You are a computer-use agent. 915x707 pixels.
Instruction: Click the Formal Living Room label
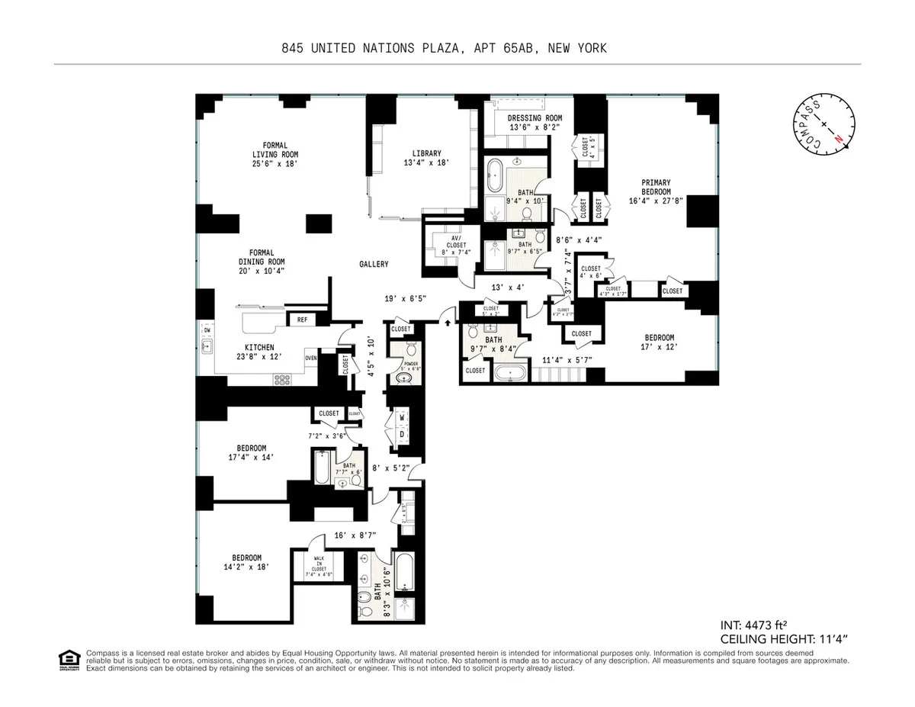[274, 153]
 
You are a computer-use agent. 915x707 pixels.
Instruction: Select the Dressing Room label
[535, 122]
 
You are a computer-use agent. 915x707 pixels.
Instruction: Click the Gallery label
[374, 265]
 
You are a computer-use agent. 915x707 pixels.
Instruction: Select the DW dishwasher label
[206, 330]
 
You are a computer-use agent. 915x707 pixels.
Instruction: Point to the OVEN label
[310, 358]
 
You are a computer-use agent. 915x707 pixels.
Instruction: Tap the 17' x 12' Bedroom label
[659, 342]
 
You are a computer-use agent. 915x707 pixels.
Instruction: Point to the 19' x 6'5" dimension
[404, 299]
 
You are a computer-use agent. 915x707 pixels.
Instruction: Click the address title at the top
[443, 48]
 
